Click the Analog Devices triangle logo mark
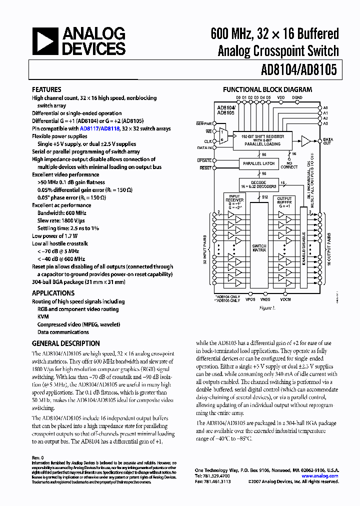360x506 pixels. pos(45,41)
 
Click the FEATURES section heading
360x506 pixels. pos(46,89)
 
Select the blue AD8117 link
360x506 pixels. pos(89,128)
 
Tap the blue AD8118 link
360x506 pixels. pos(110,128)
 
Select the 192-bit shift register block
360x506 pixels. pos(262,139)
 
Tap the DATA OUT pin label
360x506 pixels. pos(327,141)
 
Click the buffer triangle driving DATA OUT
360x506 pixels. pos(305,141)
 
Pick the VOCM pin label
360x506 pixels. pos(285,299)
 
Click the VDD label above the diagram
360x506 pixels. pos(281,97)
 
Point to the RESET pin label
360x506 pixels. pos(205,168)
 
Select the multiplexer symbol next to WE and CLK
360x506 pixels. pos(223,134)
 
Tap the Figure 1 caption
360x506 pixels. pos(267,308)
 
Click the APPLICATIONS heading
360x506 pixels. pos(53,293)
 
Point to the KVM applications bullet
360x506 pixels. pos(42,317)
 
